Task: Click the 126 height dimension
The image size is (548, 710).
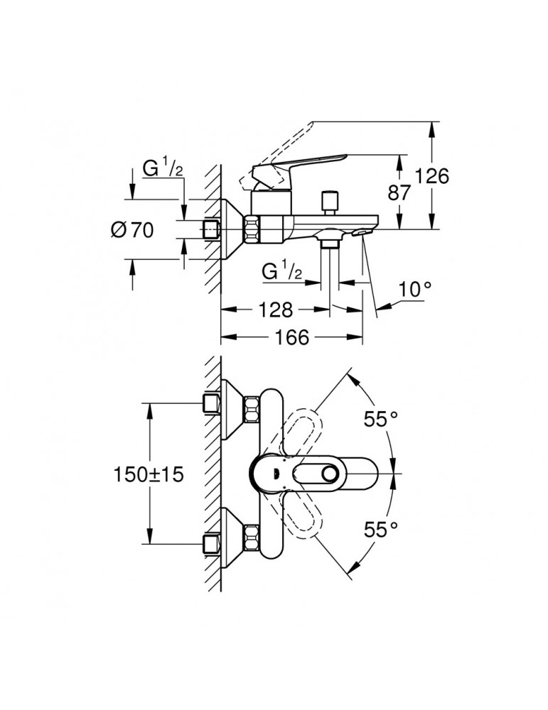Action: tap(432, 175)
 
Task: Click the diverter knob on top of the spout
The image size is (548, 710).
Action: tap(328, 200)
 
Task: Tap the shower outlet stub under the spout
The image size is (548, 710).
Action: tap(328, 244)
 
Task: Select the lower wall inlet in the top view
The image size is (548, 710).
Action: tap(210, 544)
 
